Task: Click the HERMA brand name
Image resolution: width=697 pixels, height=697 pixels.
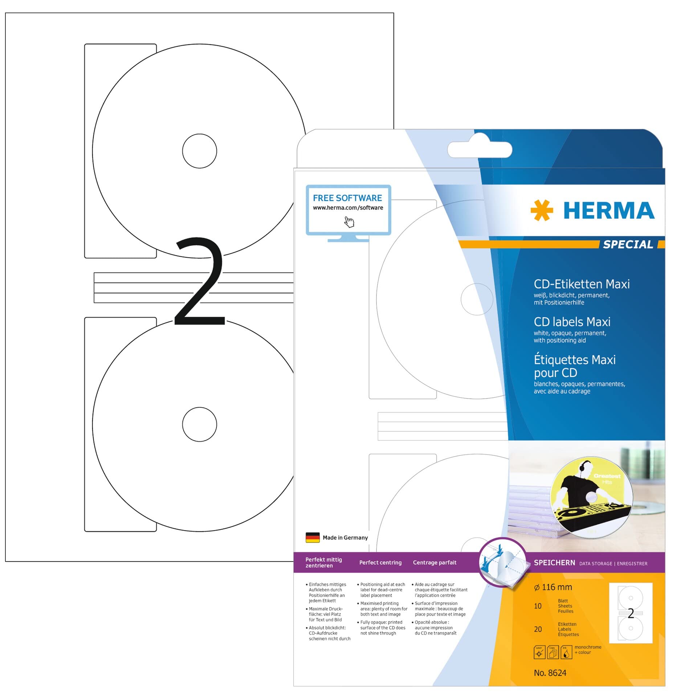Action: tap(609, 211)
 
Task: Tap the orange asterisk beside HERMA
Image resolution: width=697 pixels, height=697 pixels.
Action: tap(542, 210)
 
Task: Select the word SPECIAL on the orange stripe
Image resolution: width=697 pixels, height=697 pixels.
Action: tap(628, 244)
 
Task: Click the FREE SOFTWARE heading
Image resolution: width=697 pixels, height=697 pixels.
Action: tap(347, 198)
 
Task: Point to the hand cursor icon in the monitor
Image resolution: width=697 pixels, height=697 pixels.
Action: tap(349, 222)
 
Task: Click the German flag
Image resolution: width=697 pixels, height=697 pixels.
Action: tap(313, 537)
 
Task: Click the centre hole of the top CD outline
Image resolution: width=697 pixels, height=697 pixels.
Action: tap(200, 151)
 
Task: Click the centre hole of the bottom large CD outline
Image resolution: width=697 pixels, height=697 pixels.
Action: tap(200, 424)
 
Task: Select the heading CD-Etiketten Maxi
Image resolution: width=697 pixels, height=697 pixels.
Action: tap(582, 284)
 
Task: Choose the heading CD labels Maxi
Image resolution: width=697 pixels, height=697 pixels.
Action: tap(572, 322)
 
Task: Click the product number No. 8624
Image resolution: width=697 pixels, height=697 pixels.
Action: tap(550, 673)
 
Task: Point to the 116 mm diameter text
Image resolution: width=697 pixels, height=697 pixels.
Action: tap(553, 587)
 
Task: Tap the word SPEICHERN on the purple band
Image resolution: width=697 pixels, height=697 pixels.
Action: tap(554, 563)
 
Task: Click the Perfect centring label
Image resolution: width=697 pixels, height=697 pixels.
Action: tap(380, 562)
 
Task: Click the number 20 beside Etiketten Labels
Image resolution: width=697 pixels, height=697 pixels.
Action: tap(538, 629)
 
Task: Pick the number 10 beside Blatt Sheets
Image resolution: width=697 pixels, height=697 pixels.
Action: tap(538, 606)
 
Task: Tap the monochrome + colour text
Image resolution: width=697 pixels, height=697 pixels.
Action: tap(588, 649)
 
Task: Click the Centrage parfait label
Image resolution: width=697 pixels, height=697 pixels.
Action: tap(435, 562)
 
